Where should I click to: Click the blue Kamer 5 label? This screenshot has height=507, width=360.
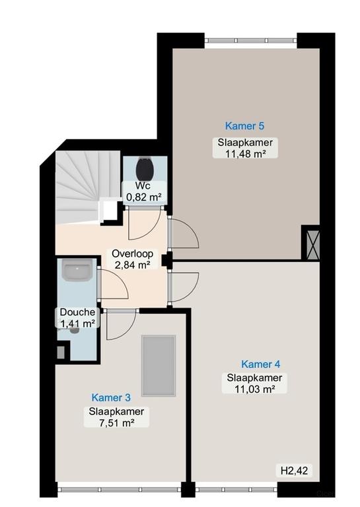244,126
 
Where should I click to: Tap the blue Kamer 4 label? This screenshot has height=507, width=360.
261,364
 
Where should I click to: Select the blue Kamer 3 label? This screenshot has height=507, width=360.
111,397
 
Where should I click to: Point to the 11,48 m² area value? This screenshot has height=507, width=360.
245,154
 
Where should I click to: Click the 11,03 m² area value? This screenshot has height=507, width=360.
254,389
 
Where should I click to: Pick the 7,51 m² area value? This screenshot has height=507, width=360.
116,422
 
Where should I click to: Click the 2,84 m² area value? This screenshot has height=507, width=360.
132,265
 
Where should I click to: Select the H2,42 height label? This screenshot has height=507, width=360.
294,471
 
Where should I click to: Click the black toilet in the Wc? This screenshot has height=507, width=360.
144,169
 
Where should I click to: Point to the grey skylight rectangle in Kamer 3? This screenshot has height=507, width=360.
159,365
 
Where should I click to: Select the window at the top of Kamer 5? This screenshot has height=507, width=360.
250,40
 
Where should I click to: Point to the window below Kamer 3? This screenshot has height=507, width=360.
119,490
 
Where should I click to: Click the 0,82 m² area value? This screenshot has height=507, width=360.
143,197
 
